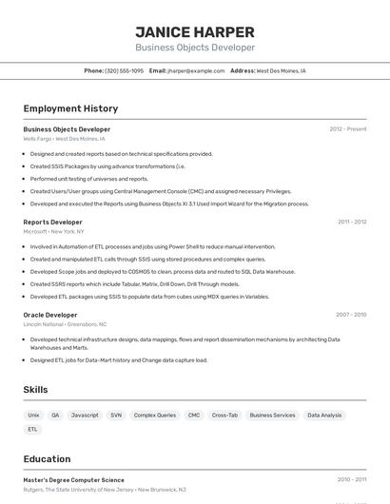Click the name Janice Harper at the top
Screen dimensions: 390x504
[x=195, y=31]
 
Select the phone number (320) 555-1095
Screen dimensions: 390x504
[x=125, y=70]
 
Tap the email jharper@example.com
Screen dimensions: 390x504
[x=189, y=70]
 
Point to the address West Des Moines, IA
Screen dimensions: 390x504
[x=282, y=70]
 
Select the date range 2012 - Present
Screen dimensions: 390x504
[x=348, y=129]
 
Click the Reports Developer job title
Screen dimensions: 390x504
[x=52, y=222]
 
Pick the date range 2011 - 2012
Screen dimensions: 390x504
[x=352, y=222]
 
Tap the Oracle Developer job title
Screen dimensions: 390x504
[x=50, y=315]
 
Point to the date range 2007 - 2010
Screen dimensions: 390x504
[x=351, y=315]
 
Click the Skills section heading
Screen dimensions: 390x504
[x=36, y=390]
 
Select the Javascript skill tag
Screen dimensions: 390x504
[x=85, y=416]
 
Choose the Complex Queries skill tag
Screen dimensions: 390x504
[x=155, y=416]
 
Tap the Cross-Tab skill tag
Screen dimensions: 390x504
[x=224, y=416]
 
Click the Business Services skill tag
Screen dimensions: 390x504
[x=272, y=416]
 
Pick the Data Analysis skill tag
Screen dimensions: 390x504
[x=324, y=416]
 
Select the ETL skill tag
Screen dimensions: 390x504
[x=33, y=429]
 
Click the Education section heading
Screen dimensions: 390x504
[x=47, y=459]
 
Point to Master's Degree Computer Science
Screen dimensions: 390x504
[x=73, y=480]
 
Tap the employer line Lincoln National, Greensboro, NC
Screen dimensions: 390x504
[x=65, y=324]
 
